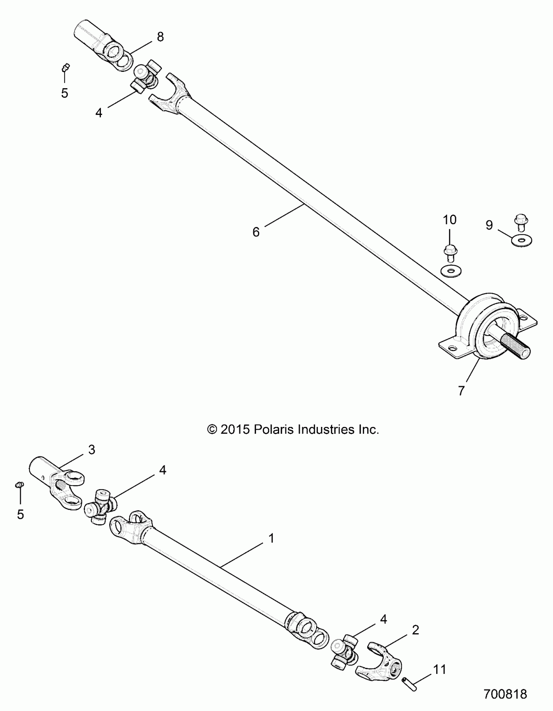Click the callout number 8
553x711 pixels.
coord(160,37)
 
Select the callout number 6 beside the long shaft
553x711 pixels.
coord(256,232)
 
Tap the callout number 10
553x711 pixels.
coord(450,220)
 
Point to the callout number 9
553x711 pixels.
coord(489,225)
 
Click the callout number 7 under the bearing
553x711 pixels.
coord(461,391)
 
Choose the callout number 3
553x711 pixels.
coord(92,450)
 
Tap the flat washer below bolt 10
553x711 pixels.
coord(453,270)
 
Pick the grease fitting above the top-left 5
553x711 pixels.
coord(66,67)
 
